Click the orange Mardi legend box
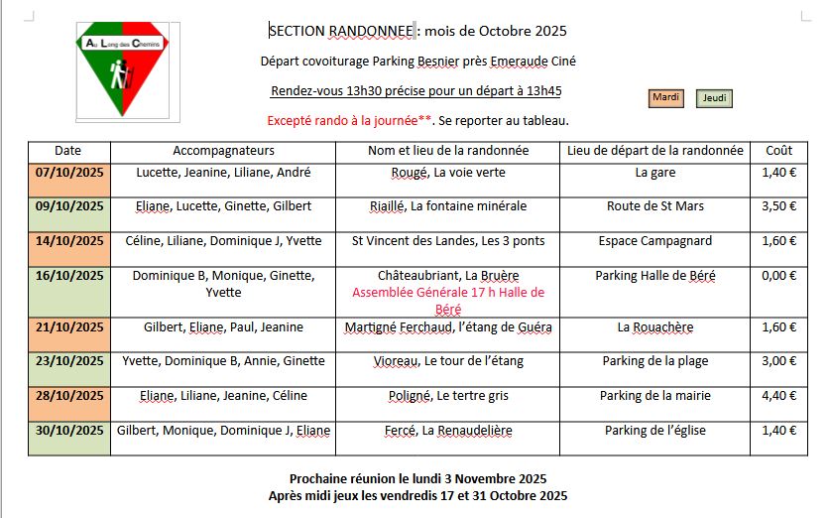point(665,97)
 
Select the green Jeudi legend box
point(715,98)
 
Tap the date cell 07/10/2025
point(69,173)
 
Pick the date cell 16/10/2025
point(69,275)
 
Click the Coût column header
point(778,151)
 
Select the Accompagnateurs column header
point(223,151)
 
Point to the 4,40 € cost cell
point(778,396)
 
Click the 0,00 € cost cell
point(778,275)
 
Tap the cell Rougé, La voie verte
point(447,173)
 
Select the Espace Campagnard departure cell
point(654,240)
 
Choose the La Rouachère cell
point(654,326)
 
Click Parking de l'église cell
point(654,431)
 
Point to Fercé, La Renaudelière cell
point(447,431)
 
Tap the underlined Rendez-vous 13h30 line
point(415,91)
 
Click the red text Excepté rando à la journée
point(349,121)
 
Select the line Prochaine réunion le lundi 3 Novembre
point(417,478)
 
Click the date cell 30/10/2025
point(69,431)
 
